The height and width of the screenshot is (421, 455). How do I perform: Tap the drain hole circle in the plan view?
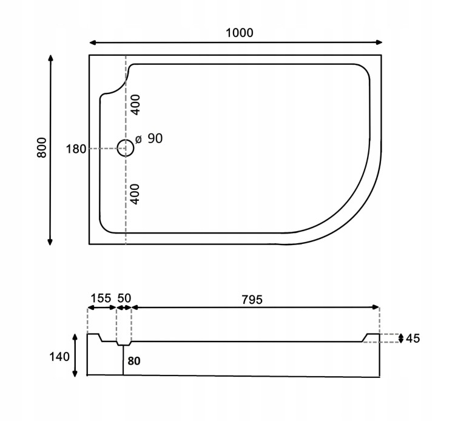[125, 148]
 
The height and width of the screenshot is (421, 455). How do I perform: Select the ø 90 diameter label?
[149, 139]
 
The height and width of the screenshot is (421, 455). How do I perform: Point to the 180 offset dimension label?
[76, 149]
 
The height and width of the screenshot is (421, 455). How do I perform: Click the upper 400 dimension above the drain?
[136, 106]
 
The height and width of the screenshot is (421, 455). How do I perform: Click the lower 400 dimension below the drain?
[136, 194]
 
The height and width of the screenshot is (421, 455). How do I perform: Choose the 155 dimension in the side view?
[101, 298]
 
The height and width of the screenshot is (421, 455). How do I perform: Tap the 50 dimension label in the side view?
[124, 298]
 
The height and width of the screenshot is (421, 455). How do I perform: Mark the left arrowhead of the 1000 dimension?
[93, 43]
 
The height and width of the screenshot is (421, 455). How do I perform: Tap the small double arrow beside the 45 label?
[400, 338]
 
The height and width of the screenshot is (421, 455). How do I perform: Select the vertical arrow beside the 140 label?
[75, 355]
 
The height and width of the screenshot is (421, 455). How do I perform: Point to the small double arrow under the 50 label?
[124, 308]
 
